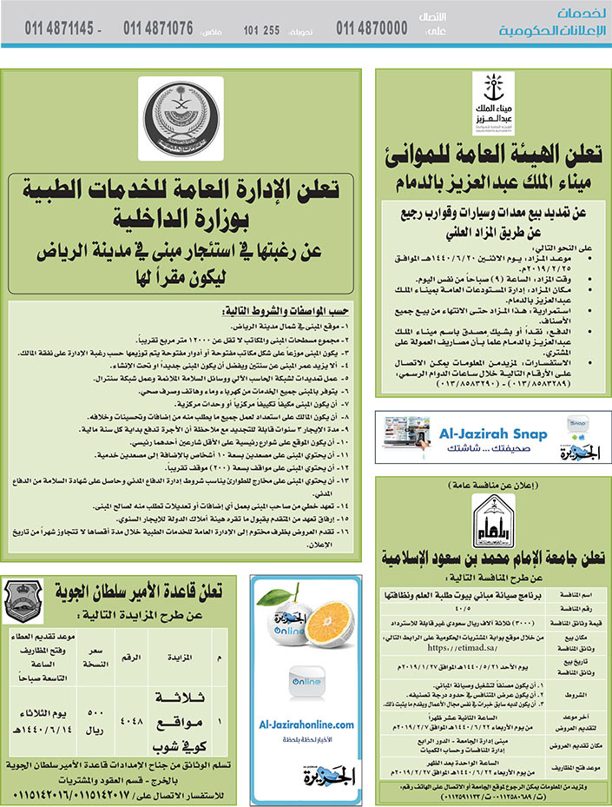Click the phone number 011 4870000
372,28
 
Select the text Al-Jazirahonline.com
306,724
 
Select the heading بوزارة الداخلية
174,219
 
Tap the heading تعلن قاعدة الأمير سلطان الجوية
141,592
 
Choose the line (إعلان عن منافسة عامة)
492,486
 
